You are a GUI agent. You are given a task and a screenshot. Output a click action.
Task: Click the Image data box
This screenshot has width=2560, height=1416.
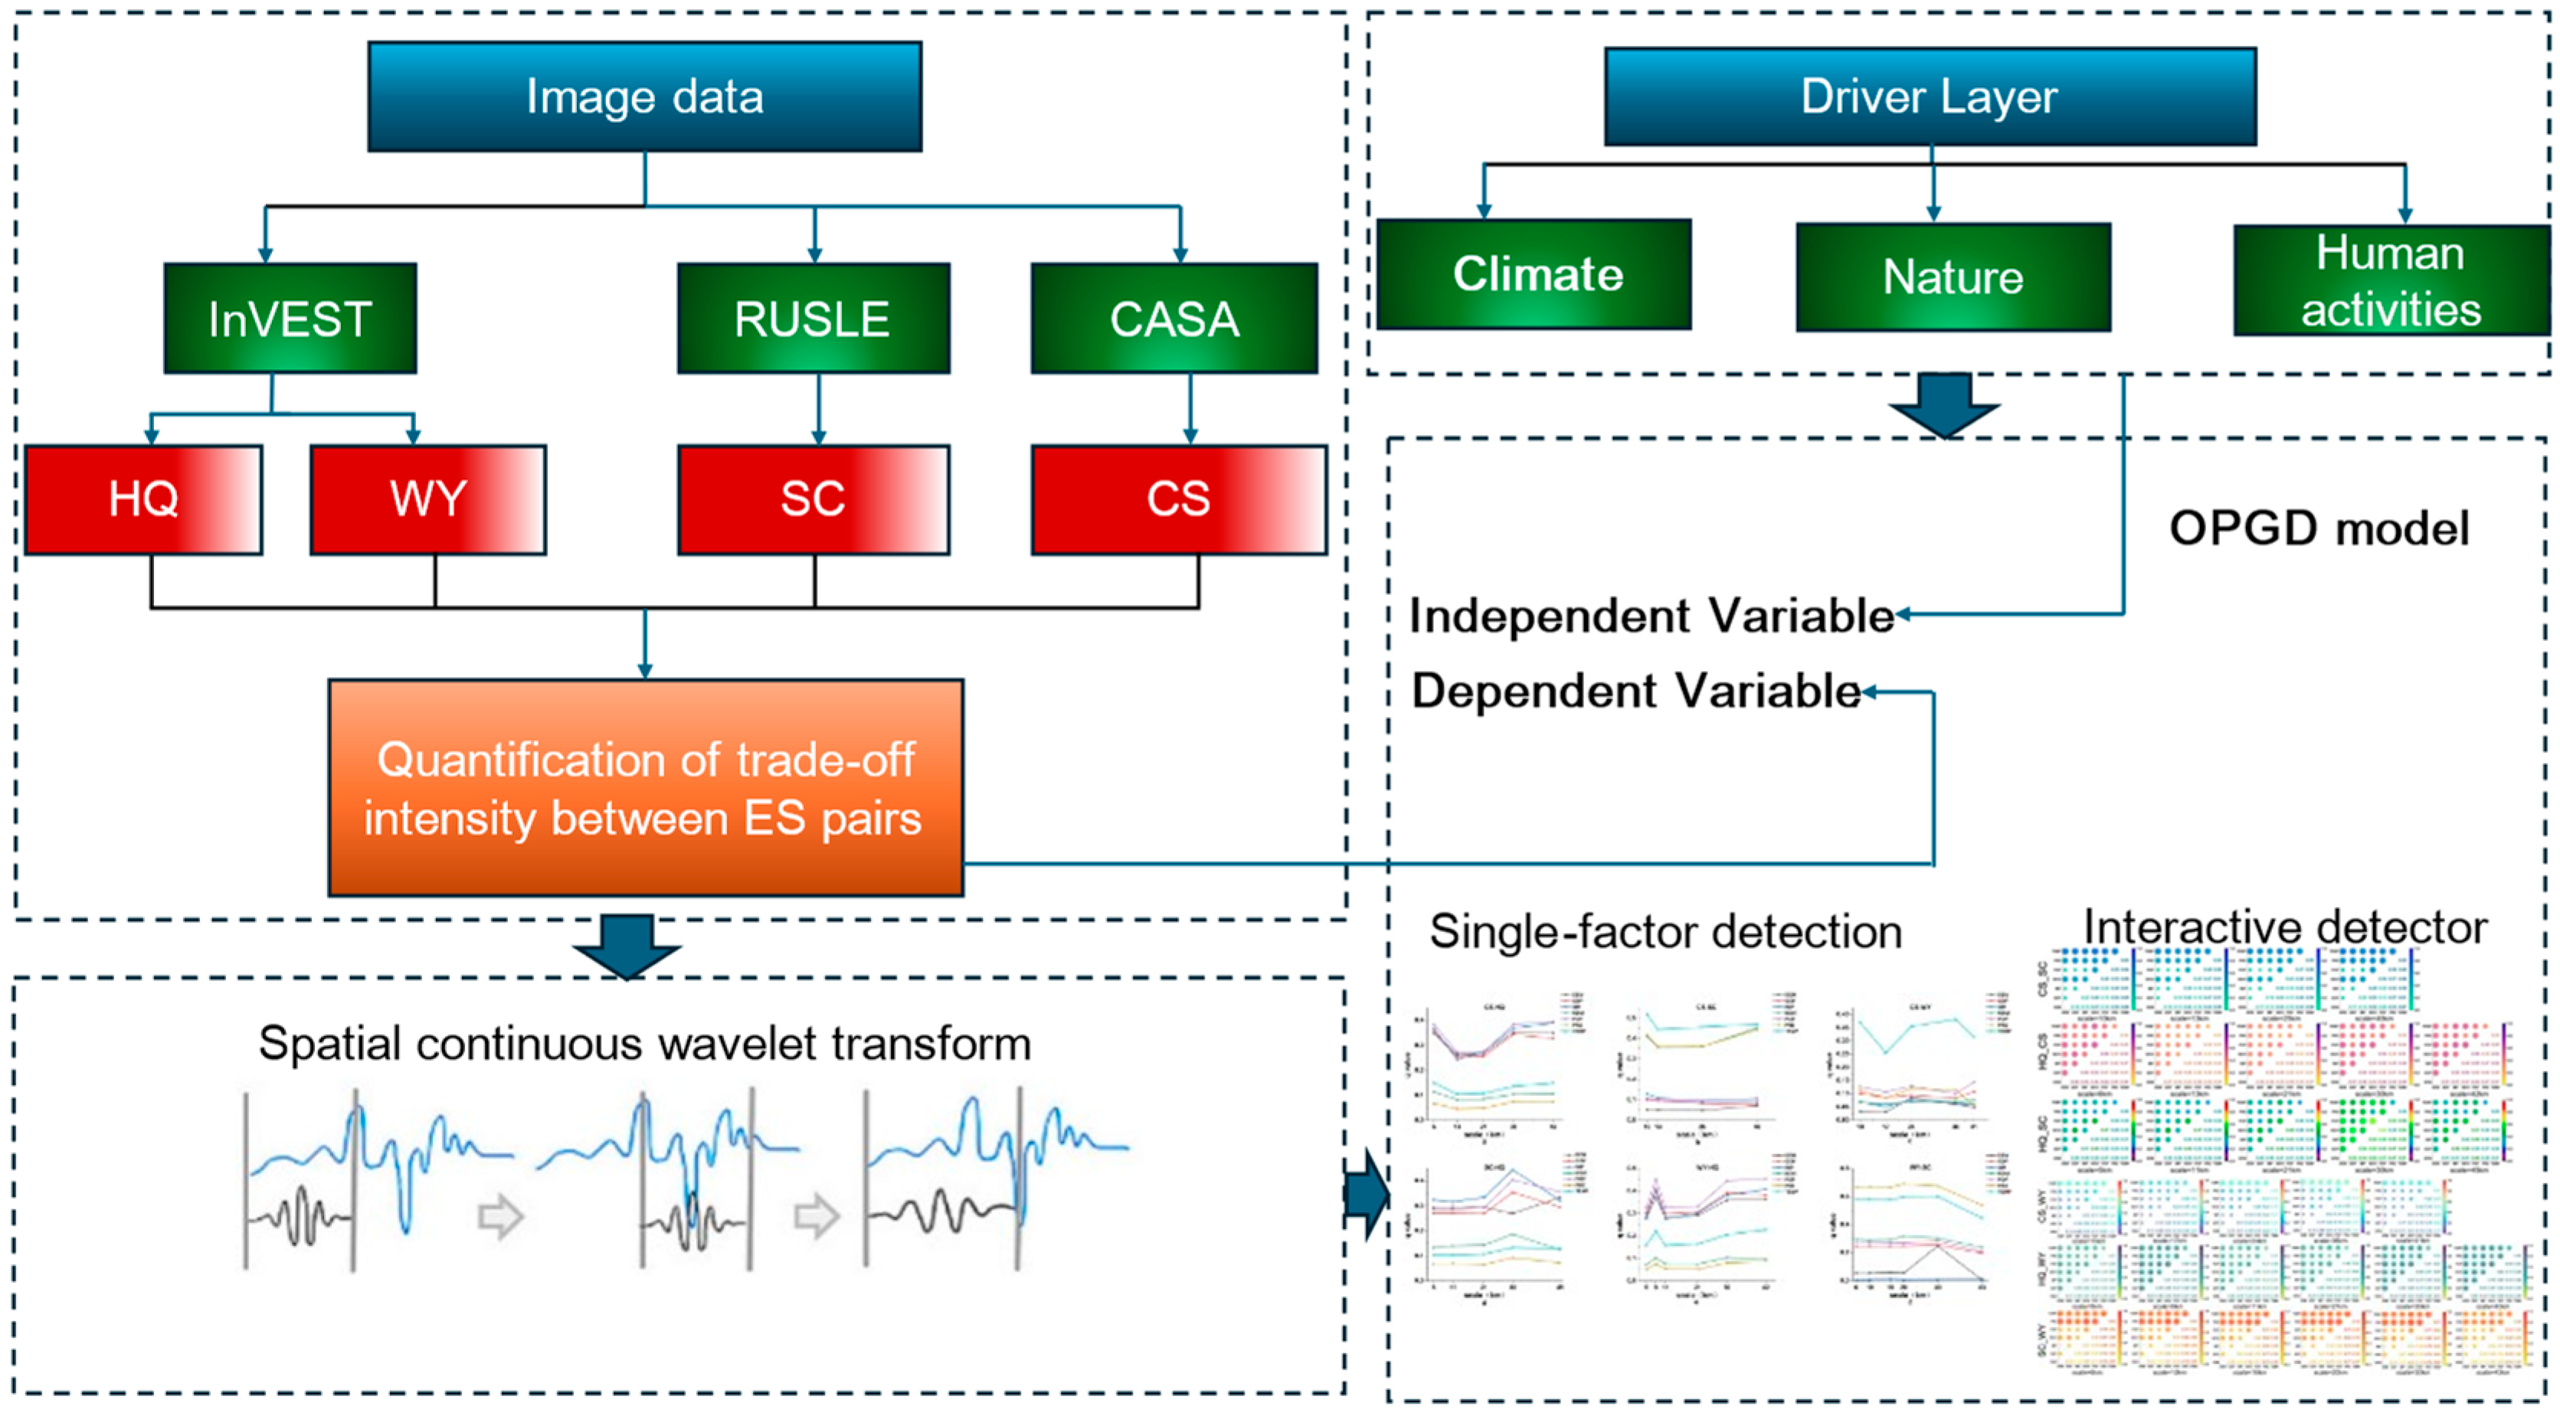coord(644,96)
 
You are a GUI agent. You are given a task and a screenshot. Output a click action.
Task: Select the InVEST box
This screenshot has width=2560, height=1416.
coord(290,318)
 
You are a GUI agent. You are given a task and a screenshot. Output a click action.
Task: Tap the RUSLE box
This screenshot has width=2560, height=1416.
coord(813,318)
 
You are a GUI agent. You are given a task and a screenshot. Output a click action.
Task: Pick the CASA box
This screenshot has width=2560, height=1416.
coord(1174,318)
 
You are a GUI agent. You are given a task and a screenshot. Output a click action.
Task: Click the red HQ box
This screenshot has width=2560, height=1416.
coord(143,499)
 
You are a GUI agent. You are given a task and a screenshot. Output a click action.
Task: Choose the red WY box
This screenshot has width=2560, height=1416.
coord(427,499)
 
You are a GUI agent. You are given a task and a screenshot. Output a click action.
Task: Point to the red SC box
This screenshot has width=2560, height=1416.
coord(813,499)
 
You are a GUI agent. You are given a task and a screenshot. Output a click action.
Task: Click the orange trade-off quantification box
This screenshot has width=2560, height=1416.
coord(645,787)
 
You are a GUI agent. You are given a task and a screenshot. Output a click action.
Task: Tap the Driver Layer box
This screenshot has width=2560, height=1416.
coord(1929,96)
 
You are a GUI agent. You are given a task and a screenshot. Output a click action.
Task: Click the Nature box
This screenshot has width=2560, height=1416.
coord(1953,276)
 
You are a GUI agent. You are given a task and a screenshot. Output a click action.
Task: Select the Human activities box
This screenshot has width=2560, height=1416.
coord(2390,280)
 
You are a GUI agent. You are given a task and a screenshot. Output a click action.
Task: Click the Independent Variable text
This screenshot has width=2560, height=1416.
coord(1651,616)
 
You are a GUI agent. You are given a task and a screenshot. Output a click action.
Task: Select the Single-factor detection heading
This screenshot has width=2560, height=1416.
coord(1665,932)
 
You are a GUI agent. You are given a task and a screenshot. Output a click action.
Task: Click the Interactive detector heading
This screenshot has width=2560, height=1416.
coord(2285,927)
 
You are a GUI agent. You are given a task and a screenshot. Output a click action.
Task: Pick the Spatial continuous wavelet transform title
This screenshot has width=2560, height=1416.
coord(645,1043)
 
